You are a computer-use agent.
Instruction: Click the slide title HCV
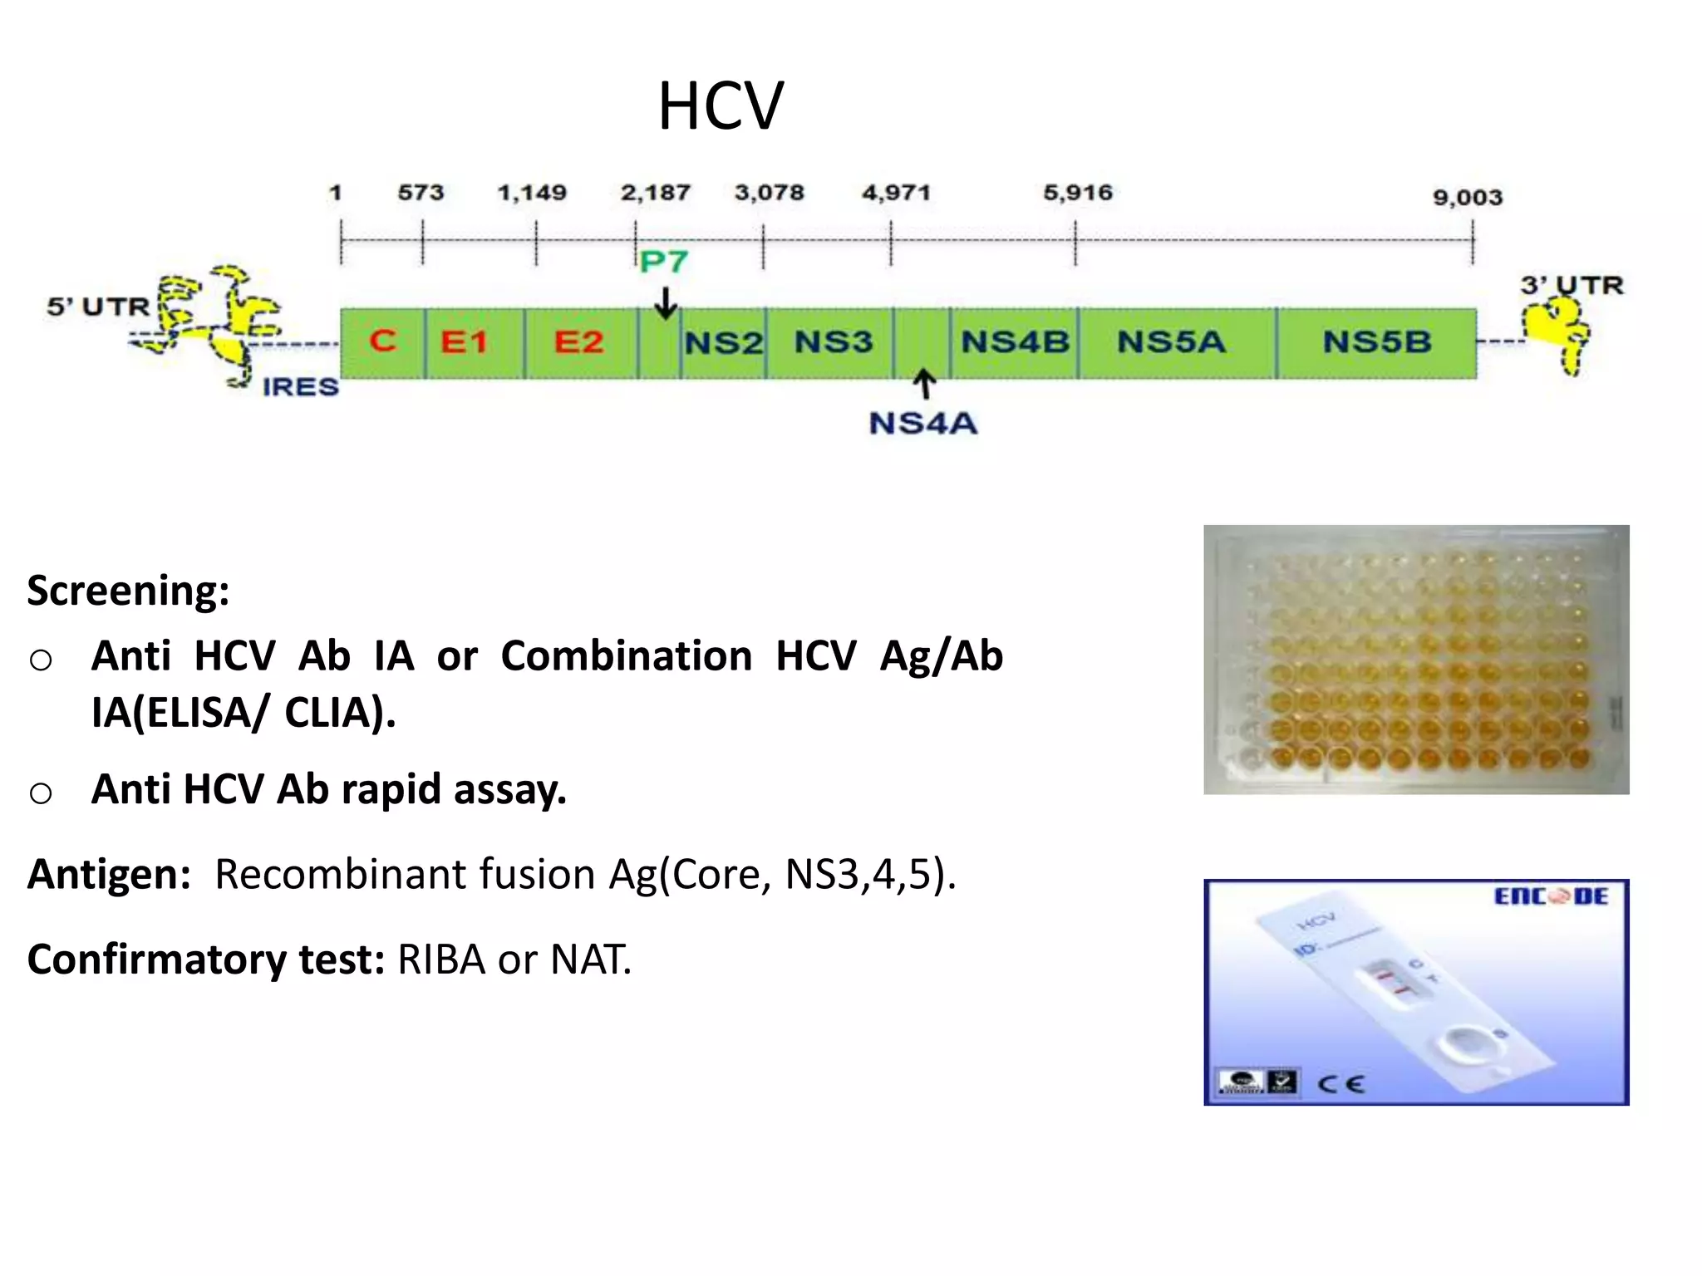(x=721, y=107)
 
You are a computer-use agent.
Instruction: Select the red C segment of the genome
(x=383, y=341)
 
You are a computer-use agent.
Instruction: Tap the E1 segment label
(x=464, y=342)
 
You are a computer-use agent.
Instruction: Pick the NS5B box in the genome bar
(x=1377, y=342)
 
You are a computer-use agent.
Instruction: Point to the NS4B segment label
(x=1015, y=342)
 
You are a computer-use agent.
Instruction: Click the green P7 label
(x=664, y=263)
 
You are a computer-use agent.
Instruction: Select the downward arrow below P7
(x=666, y=303)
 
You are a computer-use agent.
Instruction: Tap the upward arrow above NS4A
(x=924, y=385)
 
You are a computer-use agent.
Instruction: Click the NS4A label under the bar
(x=922, y=424)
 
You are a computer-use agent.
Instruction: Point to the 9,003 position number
(x=1468, y=198)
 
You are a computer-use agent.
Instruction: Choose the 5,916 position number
(x=1078, y=193)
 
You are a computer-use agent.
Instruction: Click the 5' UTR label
(x=98, y=307)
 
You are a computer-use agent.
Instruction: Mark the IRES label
(x=300, y=387)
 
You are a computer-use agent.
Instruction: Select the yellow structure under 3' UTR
(x=1557, y=332)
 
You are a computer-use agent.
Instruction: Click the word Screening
(x=128, y=591)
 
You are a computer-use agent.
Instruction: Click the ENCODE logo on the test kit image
(x=1551, y=897)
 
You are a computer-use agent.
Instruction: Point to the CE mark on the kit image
(x=1340, y=1084)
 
